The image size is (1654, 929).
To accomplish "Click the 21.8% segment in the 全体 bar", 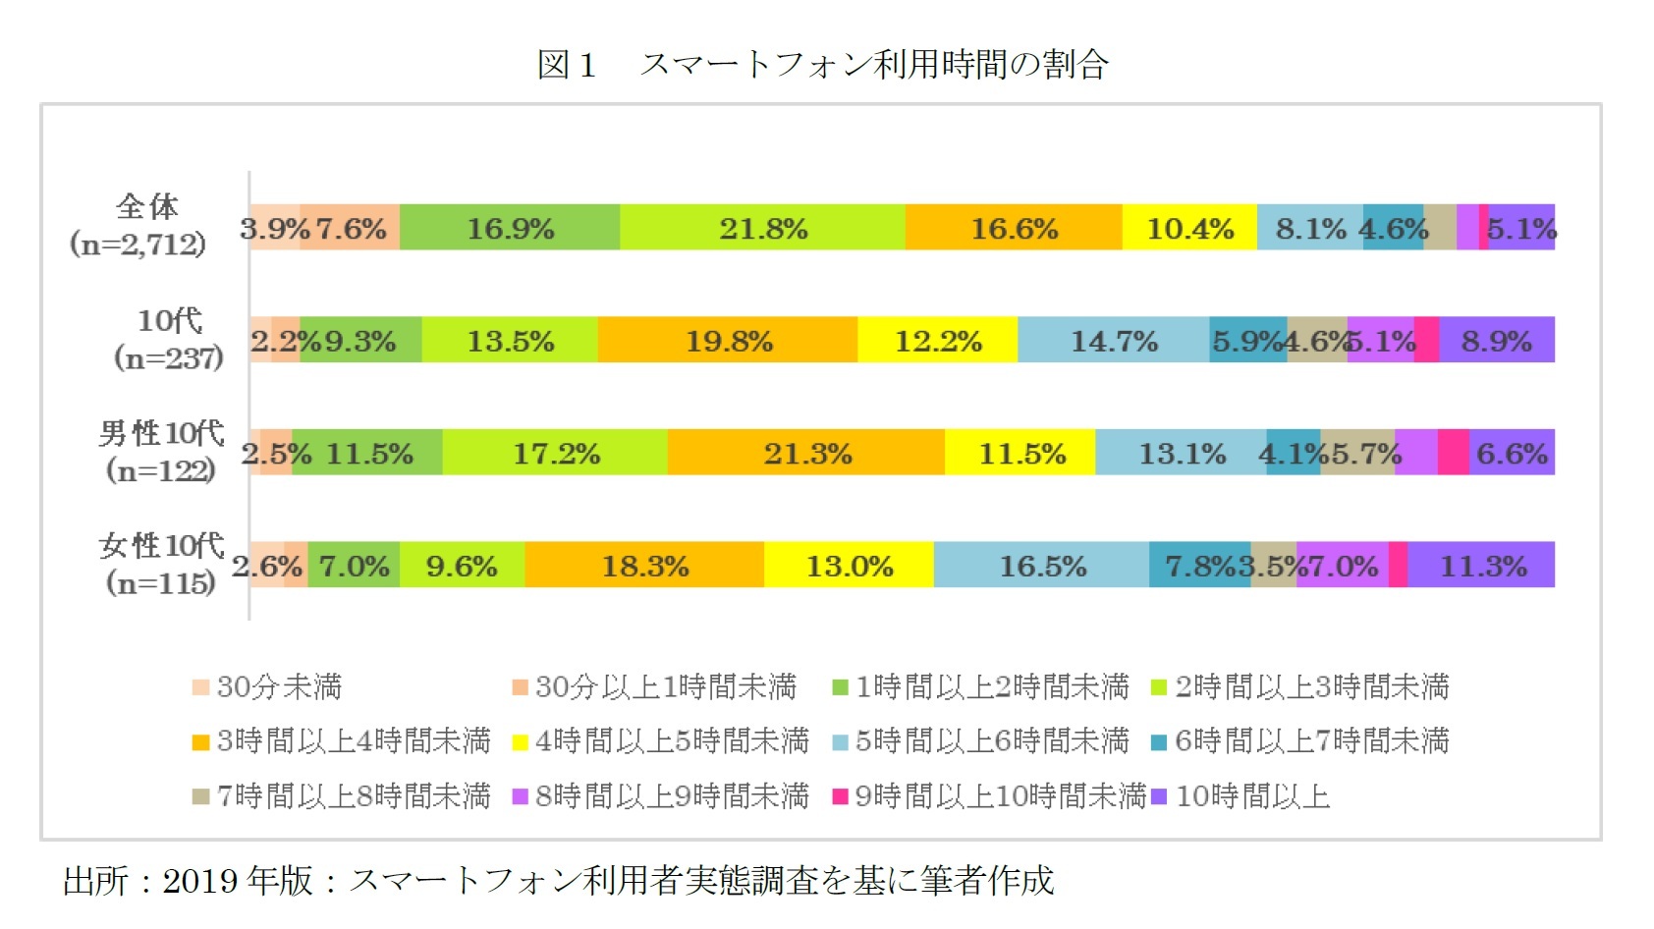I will point(762,228).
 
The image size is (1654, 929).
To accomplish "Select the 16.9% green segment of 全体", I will point(510,228).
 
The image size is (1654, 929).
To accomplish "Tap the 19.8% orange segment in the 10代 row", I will point(728,341).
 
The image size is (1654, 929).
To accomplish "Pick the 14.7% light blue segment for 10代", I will point(1113,341).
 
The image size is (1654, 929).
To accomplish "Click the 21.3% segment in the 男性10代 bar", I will point(806,453).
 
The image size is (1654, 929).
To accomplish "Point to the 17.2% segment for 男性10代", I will point(555,453).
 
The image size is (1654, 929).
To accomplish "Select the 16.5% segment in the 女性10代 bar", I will point(1041,566).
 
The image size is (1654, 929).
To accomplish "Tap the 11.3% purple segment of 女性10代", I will point(1481,566).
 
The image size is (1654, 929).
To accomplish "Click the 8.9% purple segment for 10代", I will point(1496,341).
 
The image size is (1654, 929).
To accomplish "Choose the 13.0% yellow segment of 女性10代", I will point(849,566).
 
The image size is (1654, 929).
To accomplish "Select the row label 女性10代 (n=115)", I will point(161,564).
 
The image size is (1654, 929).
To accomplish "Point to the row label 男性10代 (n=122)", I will point(161,451).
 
